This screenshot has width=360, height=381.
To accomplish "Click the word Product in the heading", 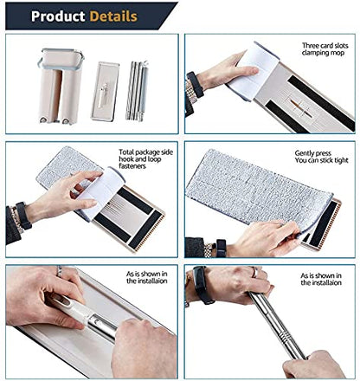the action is (58, 16).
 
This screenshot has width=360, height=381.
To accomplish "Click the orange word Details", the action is (113, 16).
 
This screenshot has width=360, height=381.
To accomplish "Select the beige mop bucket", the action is (61, 86).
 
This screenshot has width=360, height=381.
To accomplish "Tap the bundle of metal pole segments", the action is (137, 90).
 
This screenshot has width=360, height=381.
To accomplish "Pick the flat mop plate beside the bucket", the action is (105, 91).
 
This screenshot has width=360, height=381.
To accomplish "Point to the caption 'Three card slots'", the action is (325, 46).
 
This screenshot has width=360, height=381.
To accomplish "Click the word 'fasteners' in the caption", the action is (132, 166).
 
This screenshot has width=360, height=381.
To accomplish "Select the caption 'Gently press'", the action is (312, 153).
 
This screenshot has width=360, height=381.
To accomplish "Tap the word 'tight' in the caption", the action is (341, 160).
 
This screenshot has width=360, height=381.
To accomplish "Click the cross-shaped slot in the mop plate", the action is (300, 107).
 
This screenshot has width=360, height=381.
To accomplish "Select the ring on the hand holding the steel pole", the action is (254, 272).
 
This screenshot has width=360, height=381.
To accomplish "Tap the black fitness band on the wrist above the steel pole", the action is (202, 285).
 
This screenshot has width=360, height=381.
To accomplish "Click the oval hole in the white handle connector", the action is (64, 301).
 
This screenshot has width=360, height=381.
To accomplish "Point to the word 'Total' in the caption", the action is (126, 152).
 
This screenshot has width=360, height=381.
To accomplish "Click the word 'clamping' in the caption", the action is (315, 53).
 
